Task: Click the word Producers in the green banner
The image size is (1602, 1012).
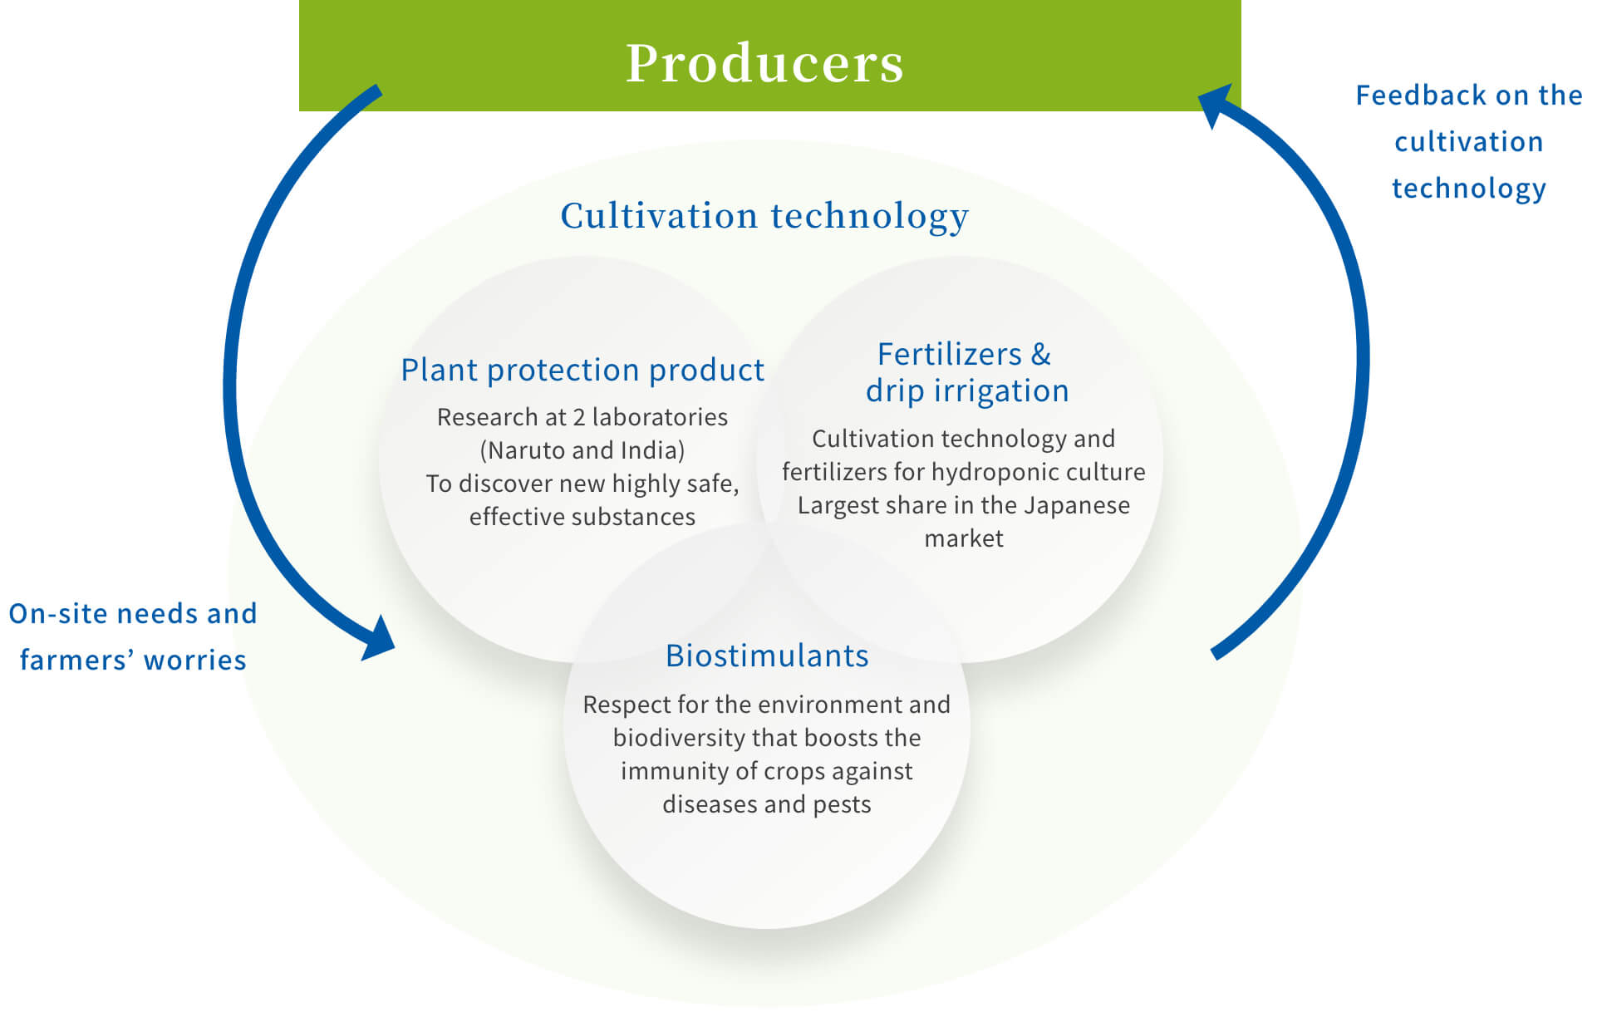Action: click(764, 63)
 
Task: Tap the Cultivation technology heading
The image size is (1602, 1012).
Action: click(764, 216)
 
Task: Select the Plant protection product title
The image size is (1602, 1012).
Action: click(582, 371)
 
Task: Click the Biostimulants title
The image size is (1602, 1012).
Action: click(767, 656)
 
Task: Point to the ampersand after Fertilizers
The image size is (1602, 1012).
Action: click(1041, 355)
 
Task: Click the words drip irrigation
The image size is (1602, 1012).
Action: click(967, 391)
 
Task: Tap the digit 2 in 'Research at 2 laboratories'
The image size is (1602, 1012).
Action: click(578, 417)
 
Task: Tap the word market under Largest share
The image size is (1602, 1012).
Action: click(964, 539)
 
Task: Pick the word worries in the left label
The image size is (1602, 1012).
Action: click(194, 661)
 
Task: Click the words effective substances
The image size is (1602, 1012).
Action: click(582, 517)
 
